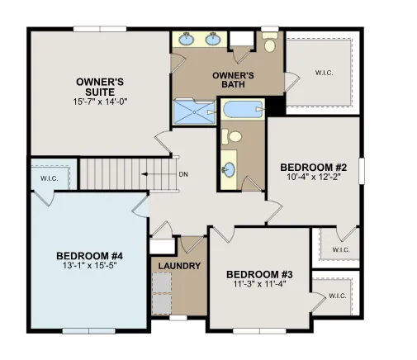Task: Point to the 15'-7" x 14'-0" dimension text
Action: tap(100, 101)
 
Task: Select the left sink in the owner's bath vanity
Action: tap(187, 38)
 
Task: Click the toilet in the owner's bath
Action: tap(269, 43)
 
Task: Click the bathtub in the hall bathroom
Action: tap(243, 109)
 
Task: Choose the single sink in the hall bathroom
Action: tap(230, 171)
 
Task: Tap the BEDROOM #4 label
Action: tap(88, 255)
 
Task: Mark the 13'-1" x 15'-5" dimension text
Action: tap(88, 266)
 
